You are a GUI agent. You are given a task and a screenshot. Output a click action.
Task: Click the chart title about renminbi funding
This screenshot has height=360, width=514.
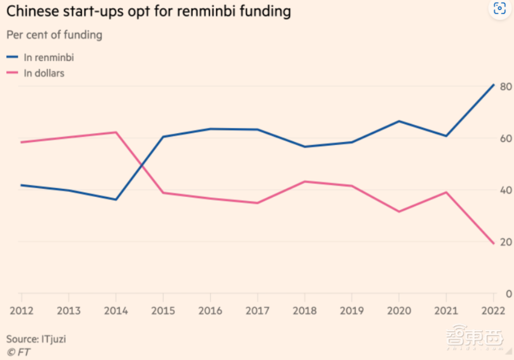[x=149, y=12]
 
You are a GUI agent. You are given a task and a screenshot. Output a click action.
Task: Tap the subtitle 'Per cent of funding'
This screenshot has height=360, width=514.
[x=54, y=35]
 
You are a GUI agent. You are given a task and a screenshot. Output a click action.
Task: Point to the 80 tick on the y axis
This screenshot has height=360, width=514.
[x=506, y=86]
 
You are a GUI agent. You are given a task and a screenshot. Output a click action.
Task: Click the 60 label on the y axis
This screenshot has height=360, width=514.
[x=506, y=138]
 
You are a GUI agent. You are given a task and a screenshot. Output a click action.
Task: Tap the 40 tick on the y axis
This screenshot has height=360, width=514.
[x=506, y=190]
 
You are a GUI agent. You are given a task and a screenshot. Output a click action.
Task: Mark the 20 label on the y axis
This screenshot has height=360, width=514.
[x=506, y=242]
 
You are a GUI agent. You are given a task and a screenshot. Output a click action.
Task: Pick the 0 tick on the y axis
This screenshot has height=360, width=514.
[x=508, y=294]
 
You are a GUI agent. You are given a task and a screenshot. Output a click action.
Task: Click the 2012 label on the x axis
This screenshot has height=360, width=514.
[x=21, y=311]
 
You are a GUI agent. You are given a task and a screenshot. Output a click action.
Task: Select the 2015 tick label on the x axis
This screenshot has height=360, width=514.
[x=163, y=311]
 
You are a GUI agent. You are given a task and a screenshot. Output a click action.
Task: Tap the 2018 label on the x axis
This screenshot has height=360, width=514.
[x=304, y=311]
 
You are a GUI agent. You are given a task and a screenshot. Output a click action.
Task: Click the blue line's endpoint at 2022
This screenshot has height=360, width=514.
[x=493, y=85]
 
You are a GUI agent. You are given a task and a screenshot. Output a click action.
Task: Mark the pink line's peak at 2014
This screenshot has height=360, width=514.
[x=116, y=132]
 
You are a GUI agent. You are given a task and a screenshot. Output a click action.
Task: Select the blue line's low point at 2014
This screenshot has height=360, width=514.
[x=116, y=200]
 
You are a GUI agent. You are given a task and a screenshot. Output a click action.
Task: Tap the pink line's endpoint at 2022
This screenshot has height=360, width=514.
[x=493, y=243]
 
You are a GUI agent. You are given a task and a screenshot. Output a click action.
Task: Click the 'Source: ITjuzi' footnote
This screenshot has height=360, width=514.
[x=36, y=339]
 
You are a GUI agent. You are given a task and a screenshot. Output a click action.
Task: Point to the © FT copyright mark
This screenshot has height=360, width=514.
[x=19, y=352]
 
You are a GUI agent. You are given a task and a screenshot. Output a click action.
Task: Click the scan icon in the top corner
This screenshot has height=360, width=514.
[x=499, y=8]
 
